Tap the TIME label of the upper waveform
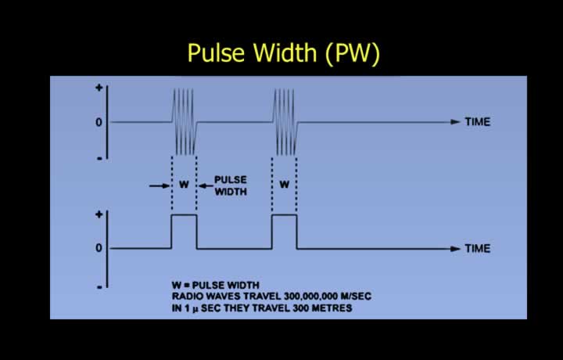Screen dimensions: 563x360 (478, 122)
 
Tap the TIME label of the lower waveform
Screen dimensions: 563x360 (478, 249)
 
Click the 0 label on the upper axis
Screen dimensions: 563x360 (99, 123)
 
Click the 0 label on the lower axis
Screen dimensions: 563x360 (99, 248)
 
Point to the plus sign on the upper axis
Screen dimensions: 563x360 (99, 88)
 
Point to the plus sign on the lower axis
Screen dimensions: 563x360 (99, 214)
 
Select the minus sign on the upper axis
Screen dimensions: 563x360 (99, 158)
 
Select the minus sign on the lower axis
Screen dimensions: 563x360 (99, 286)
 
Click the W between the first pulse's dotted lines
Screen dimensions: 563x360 (184, 185)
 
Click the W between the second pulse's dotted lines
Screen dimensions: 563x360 (285, 185)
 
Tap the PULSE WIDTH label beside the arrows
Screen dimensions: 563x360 (231, 185)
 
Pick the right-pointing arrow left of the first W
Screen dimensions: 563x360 (160, 185)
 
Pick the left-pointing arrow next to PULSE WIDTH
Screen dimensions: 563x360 (206, 185)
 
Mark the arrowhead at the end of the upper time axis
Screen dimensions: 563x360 (455, 122)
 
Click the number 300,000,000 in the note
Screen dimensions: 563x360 (311, 297)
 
